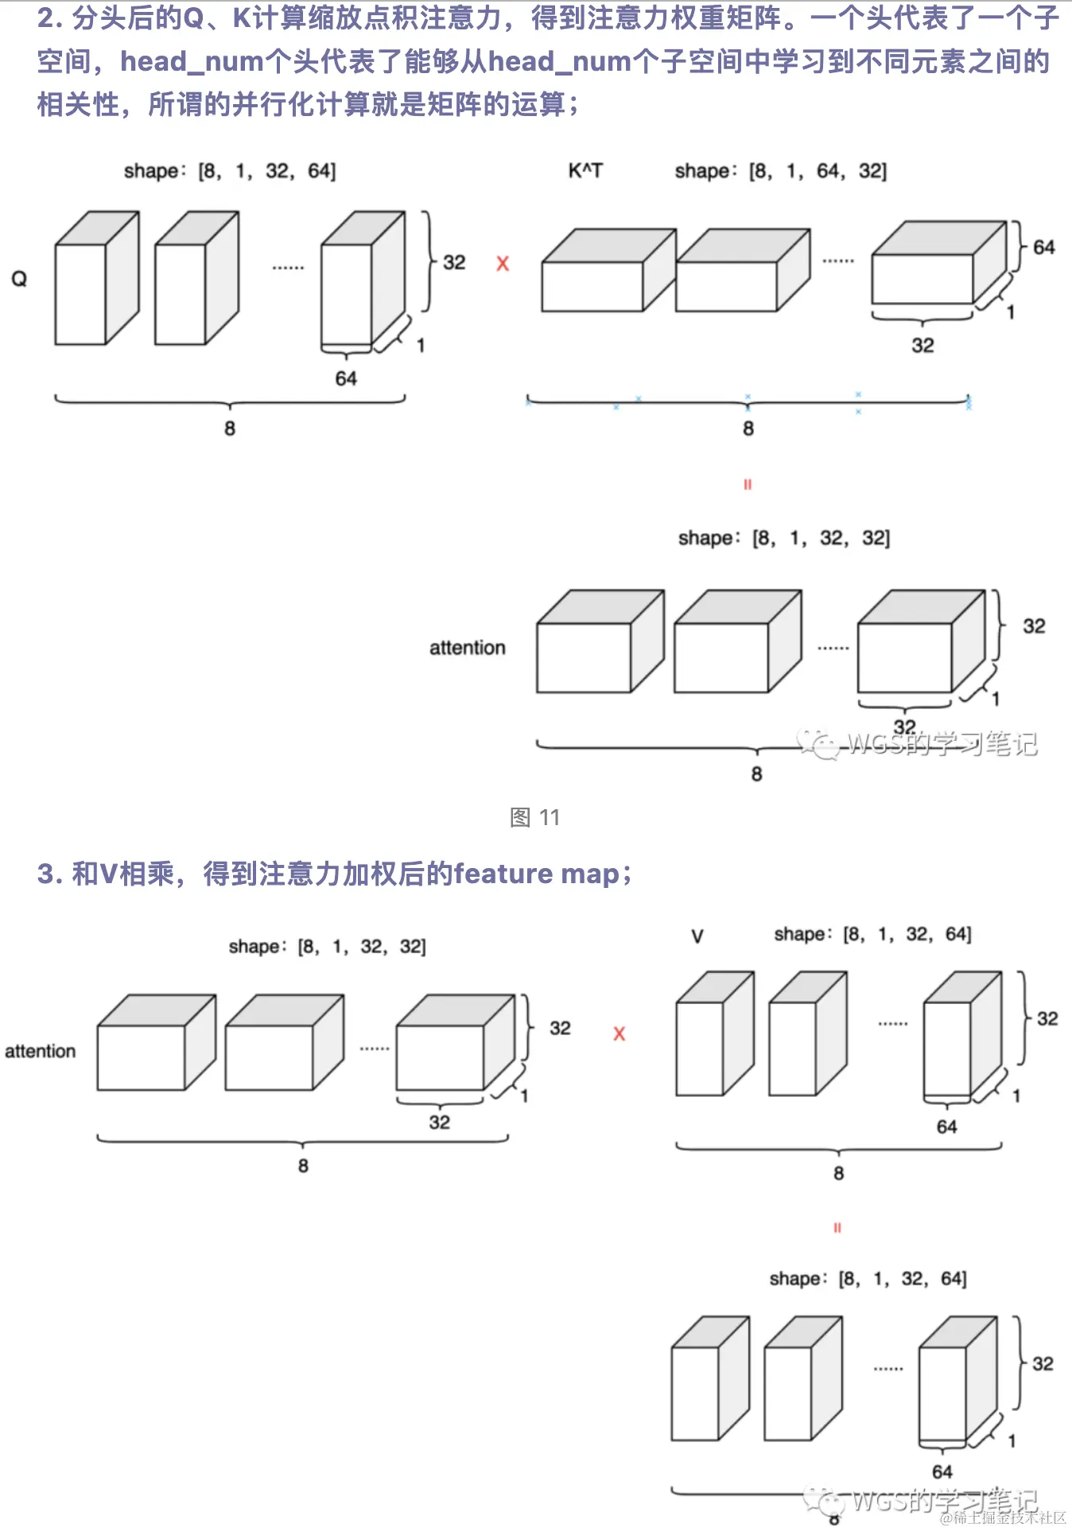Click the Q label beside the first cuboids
[x=19, y=279]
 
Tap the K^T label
[x=585, y=171]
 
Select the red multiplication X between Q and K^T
[x=503, y=264]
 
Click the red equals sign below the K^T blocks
[x=748, y=484]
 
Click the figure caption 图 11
[x=535, y=817]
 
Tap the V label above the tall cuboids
[x=697, y=936]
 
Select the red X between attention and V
[x=619, y=1034]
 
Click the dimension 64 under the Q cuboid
[x=346, y=378]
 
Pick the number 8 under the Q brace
[x=230, y=428]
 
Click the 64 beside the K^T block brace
[x=1044, y=247]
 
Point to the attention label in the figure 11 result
[x=468, y=648]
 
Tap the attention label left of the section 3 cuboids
[x=41, y=1051]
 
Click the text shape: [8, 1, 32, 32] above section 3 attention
[x=327, y=947]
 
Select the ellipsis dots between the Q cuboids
[x=288, y=268]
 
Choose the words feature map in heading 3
[x=537, y=874]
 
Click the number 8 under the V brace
[x=839, y=1173]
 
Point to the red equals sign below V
[x=837, y=1228]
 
